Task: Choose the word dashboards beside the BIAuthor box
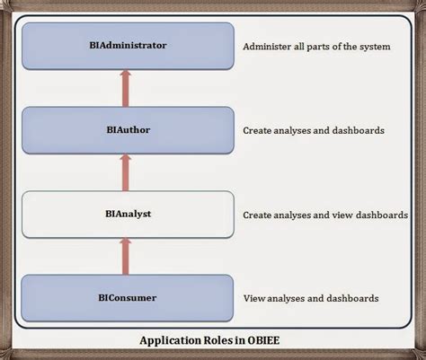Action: [359, 131]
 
